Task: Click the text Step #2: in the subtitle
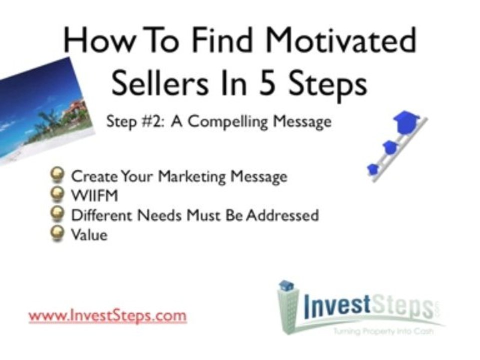[134, 122]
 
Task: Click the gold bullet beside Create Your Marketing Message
[59, 174]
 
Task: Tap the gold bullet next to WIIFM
[59, 194]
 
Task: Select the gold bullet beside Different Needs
[59, 214]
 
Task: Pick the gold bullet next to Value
[59, 233]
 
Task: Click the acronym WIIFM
[95, 195]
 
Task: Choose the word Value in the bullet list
[89, 234]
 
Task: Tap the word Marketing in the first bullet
[194, 176]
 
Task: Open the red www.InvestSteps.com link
[107, 316]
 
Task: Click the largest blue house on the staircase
[406, 121]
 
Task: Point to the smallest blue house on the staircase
[373, 169]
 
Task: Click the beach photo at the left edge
[40, 110]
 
